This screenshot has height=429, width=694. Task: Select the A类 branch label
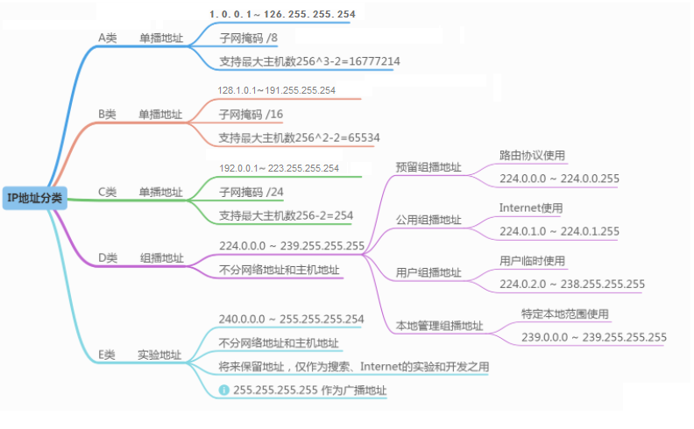107,39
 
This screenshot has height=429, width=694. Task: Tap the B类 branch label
107,115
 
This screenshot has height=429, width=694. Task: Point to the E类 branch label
107,355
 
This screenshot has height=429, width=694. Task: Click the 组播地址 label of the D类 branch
162,257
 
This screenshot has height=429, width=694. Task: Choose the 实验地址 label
159,355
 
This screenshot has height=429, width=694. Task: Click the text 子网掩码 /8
248,39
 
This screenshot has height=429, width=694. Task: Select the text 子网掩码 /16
251,115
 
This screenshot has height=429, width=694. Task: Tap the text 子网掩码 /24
251,192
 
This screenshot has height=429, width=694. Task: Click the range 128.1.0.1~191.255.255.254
276,90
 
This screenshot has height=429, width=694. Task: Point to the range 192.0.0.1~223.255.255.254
279,167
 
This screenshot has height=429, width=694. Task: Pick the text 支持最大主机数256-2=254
286,215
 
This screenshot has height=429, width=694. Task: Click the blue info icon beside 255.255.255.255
224,390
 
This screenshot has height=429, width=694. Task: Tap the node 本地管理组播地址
439,326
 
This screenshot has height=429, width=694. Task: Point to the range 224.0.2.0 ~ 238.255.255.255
572,284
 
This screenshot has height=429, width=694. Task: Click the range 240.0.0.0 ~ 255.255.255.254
291,320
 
